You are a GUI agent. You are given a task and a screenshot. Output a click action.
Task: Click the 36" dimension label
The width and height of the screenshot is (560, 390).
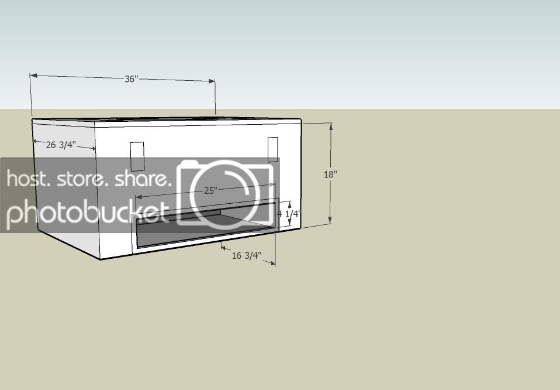(131, 78)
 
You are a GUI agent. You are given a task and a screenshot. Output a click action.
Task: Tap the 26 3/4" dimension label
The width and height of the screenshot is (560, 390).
(61, 145)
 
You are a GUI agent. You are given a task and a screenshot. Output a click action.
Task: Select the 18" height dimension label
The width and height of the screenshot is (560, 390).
(330, 175)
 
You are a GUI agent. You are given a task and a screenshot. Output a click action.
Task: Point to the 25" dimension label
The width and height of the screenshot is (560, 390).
(210, 190)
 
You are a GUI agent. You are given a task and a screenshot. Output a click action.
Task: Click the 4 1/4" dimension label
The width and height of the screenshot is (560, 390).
(289, 214)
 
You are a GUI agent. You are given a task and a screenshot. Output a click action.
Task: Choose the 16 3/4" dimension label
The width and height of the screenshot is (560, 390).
(247, 255)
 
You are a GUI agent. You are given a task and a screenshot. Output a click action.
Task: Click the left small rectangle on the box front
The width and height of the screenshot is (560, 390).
(137, 156)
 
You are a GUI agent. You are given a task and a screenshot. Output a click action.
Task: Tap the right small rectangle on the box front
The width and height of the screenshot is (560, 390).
(273, 149)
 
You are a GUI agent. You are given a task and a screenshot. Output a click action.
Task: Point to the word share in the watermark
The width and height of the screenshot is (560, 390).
(141, 179)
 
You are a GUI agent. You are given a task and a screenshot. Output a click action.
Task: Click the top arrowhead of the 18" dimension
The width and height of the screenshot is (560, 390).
(331, 126)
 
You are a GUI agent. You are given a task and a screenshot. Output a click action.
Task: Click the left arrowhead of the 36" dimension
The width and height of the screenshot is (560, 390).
(33, 76)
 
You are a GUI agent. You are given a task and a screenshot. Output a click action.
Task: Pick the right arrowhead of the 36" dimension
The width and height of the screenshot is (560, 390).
(212, 81)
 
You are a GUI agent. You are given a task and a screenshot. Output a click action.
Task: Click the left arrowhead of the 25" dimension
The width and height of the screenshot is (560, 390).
(139, 197)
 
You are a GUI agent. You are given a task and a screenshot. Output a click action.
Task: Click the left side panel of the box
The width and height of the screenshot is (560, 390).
(66, 190)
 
